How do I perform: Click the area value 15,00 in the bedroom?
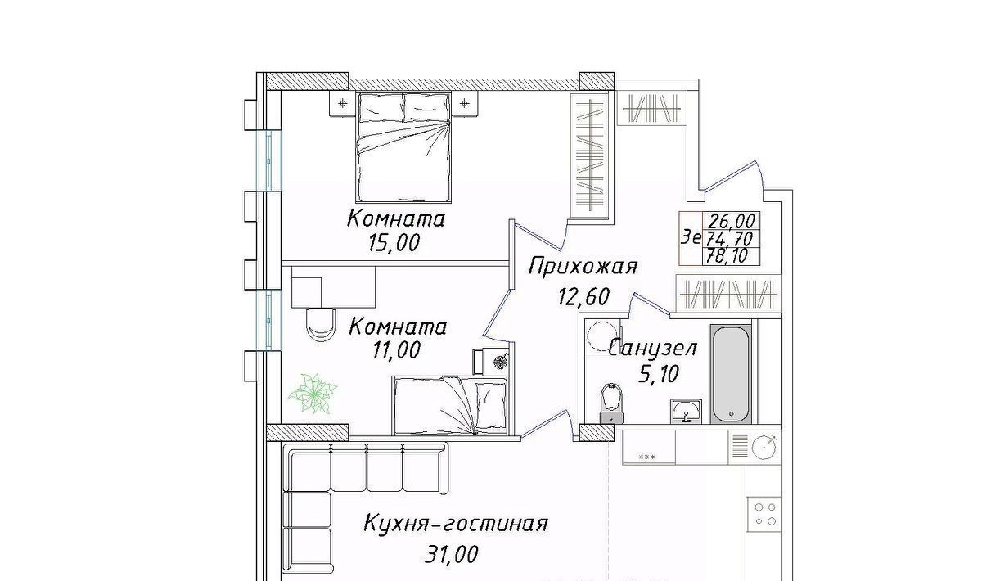(x=394, y=242)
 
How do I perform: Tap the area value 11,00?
(x=396, y=350)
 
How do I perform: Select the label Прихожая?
(x=583, y=267)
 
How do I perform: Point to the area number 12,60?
(x=584, y=296)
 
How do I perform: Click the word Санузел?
(x=653, y=348)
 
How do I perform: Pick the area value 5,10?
(x=659, y=374)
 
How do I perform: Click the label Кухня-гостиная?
(x=456, y=524)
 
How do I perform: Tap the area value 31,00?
(x=452, y=554)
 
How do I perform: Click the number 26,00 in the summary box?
(x=731, y=221)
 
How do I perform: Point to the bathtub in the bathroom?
(x=730, y=374)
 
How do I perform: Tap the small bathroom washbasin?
(x=686, y=411)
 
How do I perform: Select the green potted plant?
(x=312, y=393)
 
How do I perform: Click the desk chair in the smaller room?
(x=322, y=323)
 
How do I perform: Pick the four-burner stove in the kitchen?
(x=764, y=514)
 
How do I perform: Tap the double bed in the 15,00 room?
(x=403, y=147)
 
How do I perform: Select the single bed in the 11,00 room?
(x=451, y=405)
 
